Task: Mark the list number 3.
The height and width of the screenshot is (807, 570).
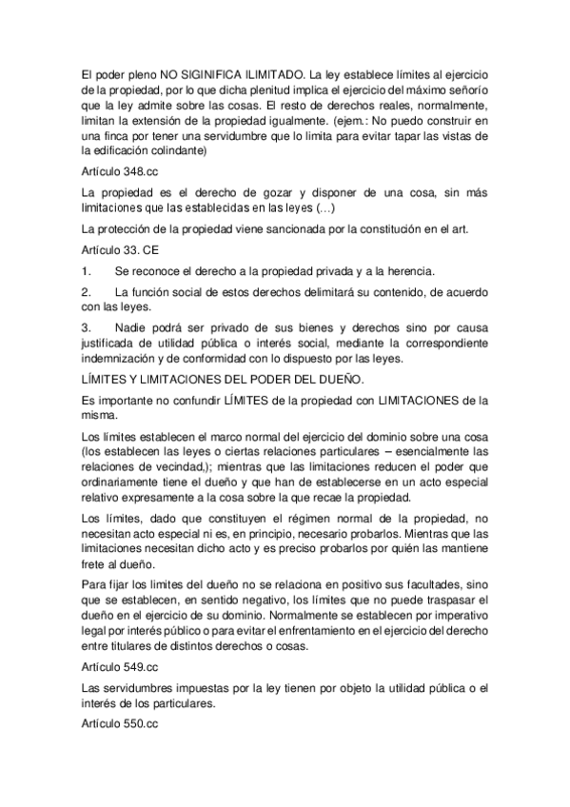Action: coord(87,326)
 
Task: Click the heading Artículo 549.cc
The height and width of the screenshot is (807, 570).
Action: coord(119,667)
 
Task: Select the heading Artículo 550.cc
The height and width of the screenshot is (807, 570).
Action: coord(119,725)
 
